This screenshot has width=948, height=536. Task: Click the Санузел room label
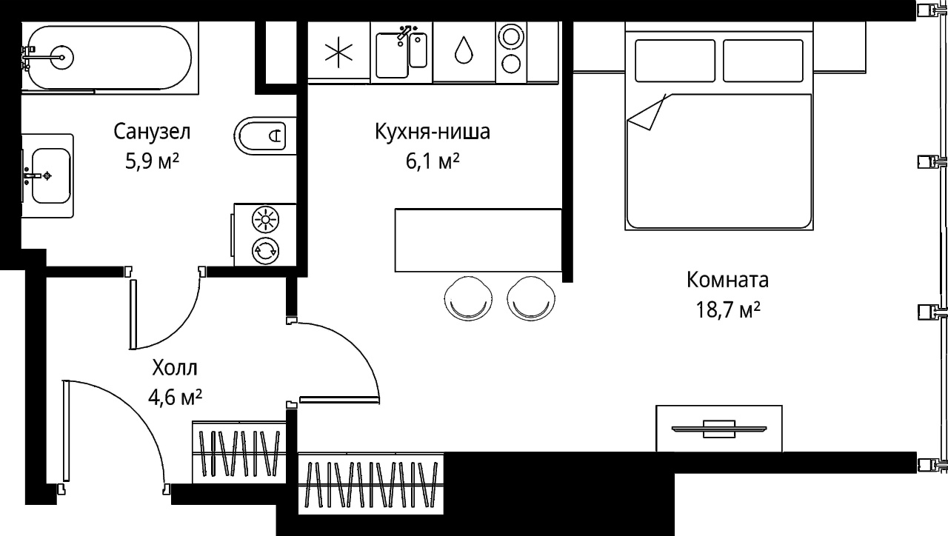(x=152, y=132)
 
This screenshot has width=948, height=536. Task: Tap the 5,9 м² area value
(x=152, y=161)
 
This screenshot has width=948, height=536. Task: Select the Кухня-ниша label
(x=432, y=132)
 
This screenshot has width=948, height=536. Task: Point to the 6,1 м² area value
(x=432, y=161)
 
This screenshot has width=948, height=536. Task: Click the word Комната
(x=727, y=280)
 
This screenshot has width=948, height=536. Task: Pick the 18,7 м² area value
(x=728, y=310)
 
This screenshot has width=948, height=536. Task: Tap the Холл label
(x=174, y=368)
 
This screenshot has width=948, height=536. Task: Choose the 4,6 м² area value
(x=175, y=398)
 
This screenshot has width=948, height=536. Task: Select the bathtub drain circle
(x=62, y=57)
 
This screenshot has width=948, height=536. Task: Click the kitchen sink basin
(x=392, y=56)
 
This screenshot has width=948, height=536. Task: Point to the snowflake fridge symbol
(x=338, y=52)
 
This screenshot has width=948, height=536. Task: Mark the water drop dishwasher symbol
(x=464, y=50)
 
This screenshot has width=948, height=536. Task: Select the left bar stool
(x=468, y=298)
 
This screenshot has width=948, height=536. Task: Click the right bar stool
(x=531, y=298)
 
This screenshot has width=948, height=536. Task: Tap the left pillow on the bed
(x=675, y=61)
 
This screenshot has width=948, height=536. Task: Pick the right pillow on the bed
(x=763, y=61)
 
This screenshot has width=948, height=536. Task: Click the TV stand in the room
(x=719, y=429)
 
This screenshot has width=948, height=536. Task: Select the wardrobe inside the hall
(x=239, y=452)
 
